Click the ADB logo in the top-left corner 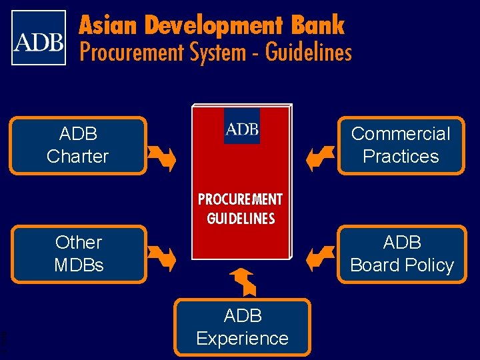click(39, 37)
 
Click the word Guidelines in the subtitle click(309, 51)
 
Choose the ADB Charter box click(78, 145)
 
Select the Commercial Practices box click(401, 145)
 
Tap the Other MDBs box click(79, 254)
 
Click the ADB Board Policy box click(401, 254)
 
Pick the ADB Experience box click(242, 327)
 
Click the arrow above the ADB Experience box click(243, 281)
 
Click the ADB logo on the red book click(242, 127)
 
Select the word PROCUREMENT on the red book click(240, 200)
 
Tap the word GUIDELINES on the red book click(241, 219)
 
